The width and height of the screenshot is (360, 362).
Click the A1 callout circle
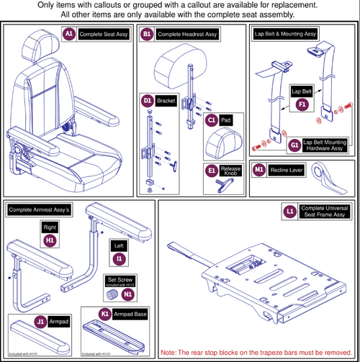coord(69,35)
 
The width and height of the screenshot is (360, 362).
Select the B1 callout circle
coord(147,35)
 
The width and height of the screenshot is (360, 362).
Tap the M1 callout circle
coord(260,171)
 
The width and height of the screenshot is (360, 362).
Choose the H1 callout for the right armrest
coord(50,239)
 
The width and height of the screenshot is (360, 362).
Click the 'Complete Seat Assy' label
coord(103,35)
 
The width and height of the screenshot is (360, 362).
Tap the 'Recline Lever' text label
coord(288,171)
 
